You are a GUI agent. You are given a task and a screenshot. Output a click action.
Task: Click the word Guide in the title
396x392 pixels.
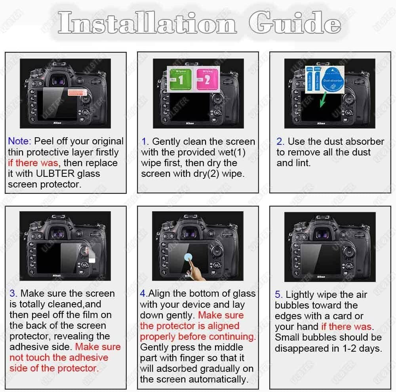click(295, 23)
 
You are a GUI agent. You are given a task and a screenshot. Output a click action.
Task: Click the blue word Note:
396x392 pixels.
click(19, 142)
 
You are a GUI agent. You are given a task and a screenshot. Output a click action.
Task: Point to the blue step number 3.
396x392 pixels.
click(13, 294)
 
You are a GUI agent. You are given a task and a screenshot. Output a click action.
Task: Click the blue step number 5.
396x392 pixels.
click(278, 295)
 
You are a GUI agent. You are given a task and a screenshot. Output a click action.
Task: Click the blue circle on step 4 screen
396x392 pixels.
click(188, 256)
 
